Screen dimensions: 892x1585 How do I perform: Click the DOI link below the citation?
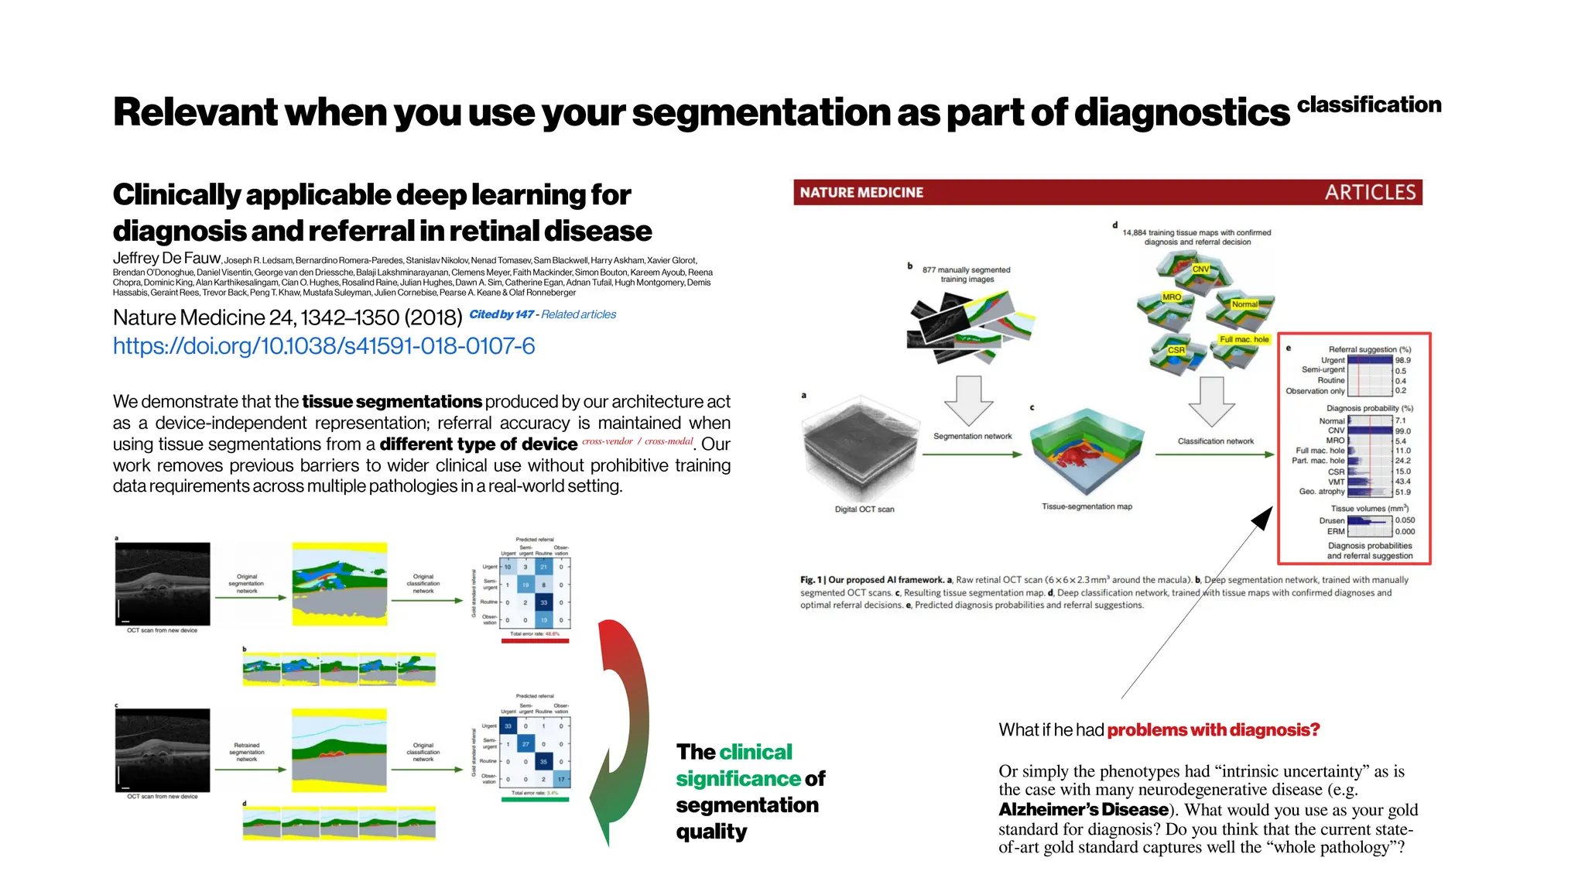(324, 346)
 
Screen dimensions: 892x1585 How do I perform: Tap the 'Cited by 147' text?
(501, 314)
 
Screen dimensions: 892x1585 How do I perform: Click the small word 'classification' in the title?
(1368, 105)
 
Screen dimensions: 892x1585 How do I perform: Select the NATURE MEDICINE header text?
(861, 193)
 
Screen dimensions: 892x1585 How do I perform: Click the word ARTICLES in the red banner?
(1369, 192)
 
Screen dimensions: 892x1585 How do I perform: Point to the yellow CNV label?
(1200, 269)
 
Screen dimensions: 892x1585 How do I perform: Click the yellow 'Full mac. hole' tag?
(1244, 339)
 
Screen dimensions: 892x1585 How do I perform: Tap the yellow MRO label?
(1171, 297)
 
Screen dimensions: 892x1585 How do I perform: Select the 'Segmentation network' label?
(972, 436)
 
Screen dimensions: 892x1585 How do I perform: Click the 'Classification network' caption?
(1215, 441)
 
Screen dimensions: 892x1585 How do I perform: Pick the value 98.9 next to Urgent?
(1402, 360)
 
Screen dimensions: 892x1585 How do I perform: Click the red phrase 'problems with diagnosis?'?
(1213, 730)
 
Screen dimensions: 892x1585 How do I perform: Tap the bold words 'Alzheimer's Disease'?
(1083, 810)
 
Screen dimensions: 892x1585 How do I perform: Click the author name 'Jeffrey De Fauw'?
(166, 259)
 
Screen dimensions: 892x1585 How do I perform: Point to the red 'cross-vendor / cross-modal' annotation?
(637, 441)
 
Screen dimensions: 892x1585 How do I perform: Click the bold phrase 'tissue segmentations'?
(392, 402)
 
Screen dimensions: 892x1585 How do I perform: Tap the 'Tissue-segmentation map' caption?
(1087, 506)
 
